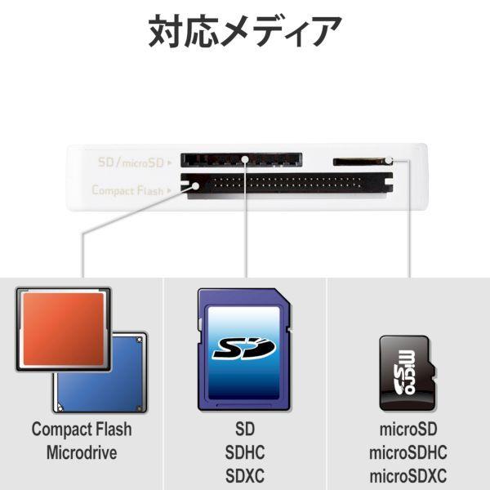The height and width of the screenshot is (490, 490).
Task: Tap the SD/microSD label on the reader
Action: pyautogui.click(x=131, y=163)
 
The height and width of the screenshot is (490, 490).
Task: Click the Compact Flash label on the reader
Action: pyautogui.click(x=128, y=190)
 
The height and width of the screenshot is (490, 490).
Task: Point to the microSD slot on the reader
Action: pyautogui.click(x=359, y=161)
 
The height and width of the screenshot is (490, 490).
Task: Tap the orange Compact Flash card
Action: pyautogui.click(x=62, y=329)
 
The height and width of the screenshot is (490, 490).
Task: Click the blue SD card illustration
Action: pyautogui.click(x=245, y=349)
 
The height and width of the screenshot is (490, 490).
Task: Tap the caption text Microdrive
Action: pyautogui.click(x=82, y=453)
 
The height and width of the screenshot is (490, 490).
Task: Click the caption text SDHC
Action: pyautogui.click(x=245, y=453)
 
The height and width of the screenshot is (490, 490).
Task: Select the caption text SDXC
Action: pyautogui.click(x=245, y=476)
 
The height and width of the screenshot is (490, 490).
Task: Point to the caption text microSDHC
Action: pyautogui.click(x=408, y=453)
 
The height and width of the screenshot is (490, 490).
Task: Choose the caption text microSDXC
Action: pyautogui.click(x=408, y=476)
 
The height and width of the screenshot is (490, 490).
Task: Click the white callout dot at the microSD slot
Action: pyautogui.click(x=390, y=160)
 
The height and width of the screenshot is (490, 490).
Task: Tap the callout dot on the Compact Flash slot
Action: pyautogui.click(x=196, y=186)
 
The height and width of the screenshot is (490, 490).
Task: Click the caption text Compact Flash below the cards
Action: pyautogui.click(x=82, y=430)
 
